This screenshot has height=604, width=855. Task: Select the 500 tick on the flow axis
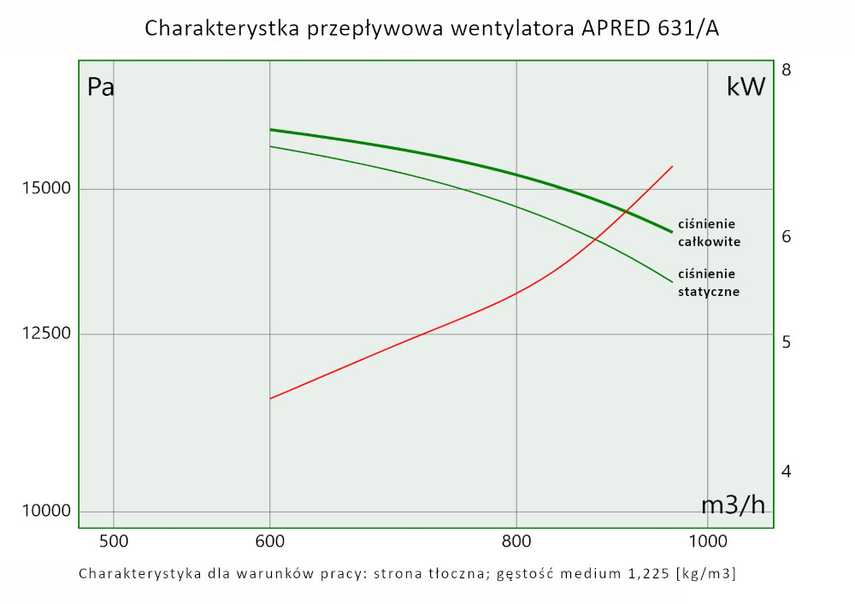pyautogui.click(x=114, y=541)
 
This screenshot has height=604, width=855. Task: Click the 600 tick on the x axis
pyautogui.click(x=269, y=541)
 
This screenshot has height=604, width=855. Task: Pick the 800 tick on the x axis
pyautogui.click(x=516, y=541)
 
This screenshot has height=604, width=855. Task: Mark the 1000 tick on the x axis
pyautogui.click(x=707, y=541)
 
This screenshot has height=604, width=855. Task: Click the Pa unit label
pyautogui.click(x=101, y=87)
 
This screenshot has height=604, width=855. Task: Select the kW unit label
pyautogui.click(x=746, y=87)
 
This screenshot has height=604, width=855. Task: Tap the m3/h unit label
pyautogui.click(x=734, y=505)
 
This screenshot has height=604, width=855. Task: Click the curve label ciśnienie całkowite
pyautogui.click(x=709, y=234)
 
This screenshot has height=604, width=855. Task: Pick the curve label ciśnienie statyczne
pyautogui.click(x=708, y=282)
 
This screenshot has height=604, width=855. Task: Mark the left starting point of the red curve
pyautogui.click(x=270, y=399)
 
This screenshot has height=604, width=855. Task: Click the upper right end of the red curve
pyautogui.click(x=673, y=166)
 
